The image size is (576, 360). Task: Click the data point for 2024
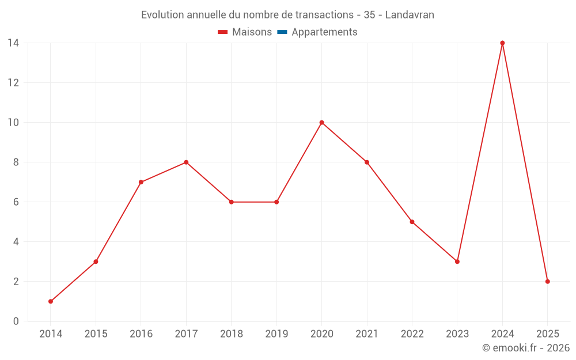click(x=502, y=43)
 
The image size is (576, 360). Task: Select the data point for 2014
click(x=51, y=301)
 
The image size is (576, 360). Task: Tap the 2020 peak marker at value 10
click(x=321, y=122)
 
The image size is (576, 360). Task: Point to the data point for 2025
click(x=547, y=282)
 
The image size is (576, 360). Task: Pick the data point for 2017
click(x=186, y=162)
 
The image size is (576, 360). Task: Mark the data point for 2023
click(x=457, y=262)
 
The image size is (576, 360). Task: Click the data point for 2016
click(x=141, y=182)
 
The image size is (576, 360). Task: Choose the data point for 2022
click(x=412, y=222)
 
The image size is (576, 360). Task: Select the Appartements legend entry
click(x=324, y=32)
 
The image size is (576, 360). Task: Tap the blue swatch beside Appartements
click(x=282, y=32)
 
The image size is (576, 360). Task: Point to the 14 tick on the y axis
click(x=13, y=43)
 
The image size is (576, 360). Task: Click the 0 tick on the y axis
click(x=16, y=321)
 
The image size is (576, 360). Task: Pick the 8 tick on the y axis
click(x=16, y=162)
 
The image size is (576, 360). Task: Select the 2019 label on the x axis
click(x=276, y=334)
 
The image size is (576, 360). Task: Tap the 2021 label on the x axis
click(x=366, y=334)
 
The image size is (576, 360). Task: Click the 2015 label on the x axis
click(x=96, y=334)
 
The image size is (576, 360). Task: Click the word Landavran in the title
click(x=410, y=14)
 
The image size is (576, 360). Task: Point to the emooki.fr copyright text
click(x=526, y=348)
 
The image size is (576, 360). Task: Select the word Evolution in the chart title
click(x=162, y=14)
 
